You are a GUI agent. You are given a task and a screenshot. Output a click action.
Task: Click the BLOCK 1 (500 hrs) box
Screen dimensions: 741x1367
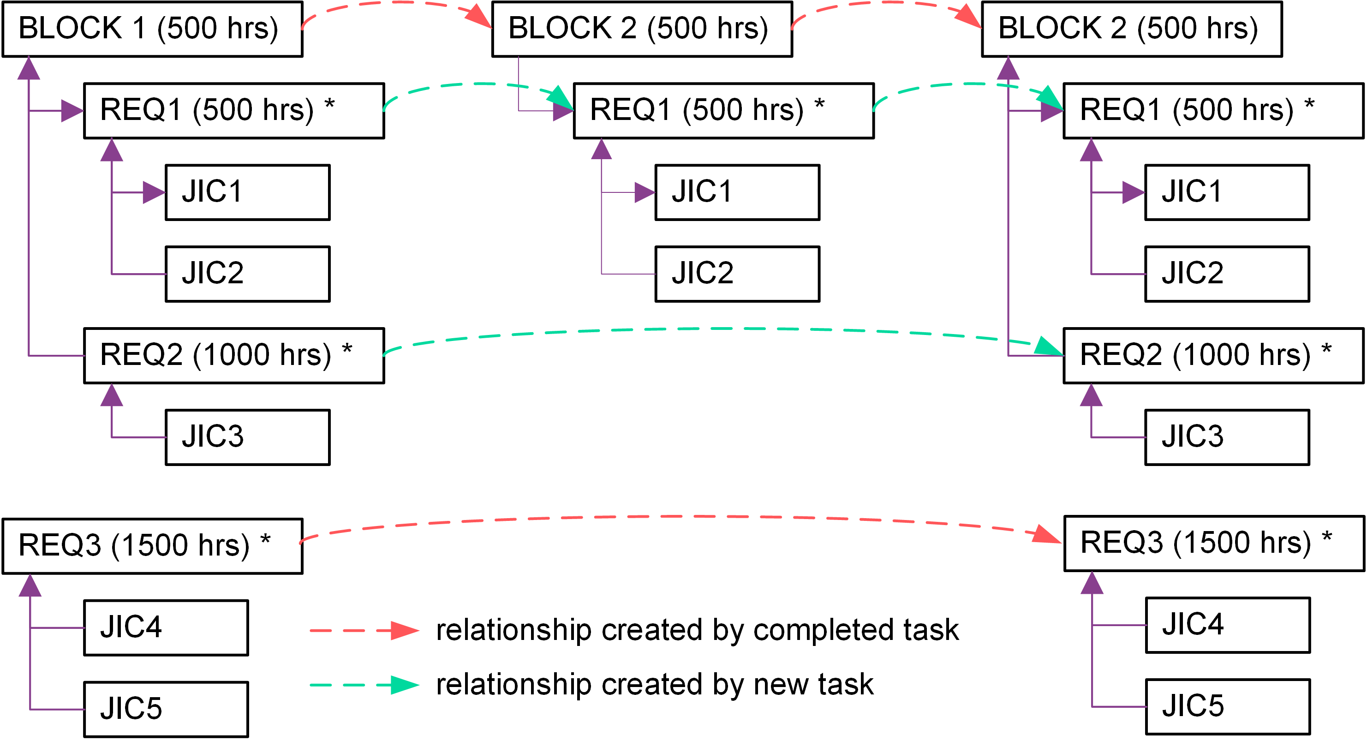152,29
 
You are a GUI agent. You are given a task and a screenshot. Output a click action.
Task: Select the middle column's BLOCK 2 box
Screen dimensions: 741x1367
642,29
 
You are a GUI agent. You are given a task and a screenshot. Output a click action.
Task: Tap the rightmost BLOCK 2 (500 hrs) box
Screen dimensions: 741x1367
1131,29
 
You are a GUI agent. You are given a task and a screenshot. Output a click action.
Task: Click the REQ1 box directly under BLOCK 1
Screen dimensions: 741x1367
233,110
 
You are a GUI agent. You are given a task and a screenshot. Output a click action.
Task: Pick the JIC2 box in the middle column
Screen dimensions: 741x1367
737,274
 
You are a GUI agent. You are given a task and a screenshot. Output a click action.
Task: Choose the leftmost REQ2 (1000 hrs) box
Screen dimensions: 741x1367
233,355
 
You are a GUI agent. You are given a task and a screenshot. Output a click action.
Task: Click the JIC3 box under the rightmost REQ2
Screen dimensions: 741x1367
1227,437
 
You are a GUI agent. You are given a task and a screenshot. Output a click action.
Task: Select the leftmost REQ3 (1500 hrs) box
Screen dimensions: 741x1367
152,546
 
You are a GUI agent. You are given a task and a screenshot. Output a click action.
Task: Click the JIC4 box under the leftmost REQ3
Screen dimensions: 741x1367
166,627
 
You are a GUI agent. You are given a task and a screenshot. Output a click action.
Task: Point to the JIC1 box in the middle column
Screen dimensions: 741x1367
737,192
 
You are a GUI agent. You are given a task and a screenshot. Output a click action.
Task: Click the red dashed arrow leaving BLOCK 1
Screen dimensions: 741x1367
398,4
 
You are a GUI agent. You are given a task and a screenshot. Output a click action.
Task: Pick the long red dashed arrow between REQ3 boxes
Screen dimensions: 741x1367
679,516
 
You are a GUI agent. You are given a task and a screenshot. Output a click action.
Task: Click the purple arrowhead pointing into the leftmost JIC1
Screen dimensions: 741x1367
155,192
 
